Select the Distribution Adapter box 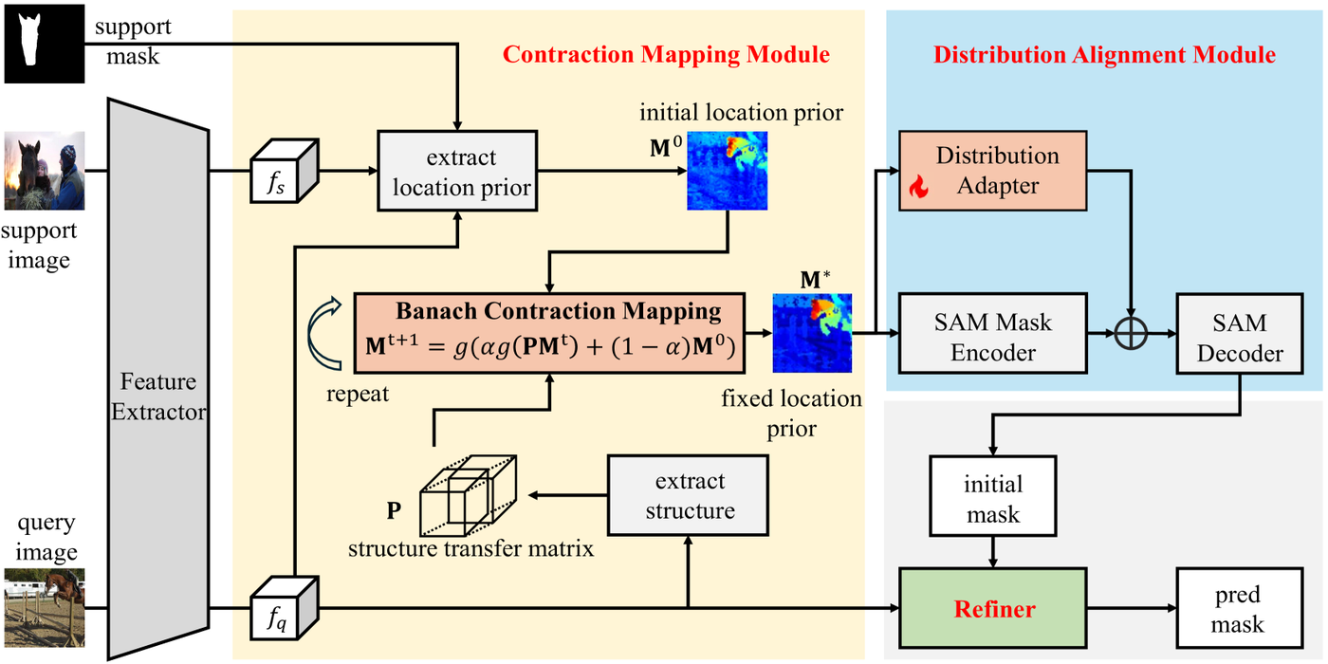pos(992,171)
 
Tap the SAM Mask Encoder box pos(992,337)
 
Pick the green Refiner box pos(992,608)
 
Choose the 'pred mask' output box pos(1237,608)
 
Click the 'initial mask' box pos(992,499)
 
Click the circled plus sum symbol pos(1131,334)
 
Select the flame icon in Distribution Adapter pos(916,187)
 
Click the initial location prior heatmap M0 pos(727,170)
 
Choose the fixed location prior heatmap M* pos(811,333)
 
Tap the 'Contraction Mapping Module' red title pos(666,54)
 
